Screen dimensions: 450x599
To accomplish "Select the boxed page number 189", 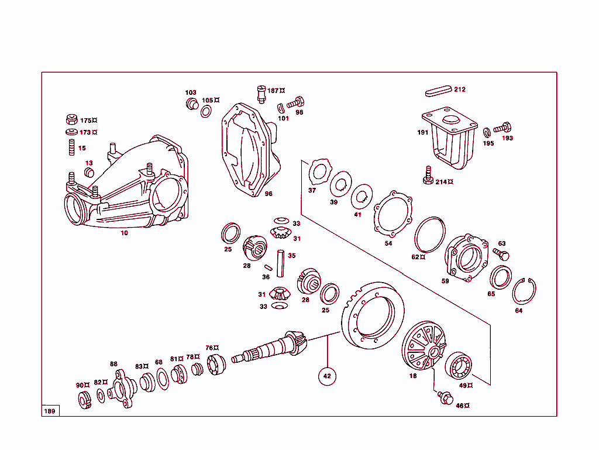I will coord(50,411).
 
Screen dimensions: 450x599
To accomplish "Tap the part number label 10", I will coord(124,233).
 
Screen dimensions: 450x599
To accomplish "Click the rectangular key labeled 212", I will coord(438,91).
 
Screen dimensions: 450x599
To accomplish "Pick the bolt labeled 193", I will coord(502,127).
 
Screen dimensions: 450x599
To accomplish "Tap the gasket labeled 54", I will coord(393,215).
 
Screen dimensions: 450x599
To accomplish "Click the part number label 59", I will coord(445,281).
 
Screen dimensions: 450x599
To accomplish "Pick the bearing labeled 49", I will coord(460,367).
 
